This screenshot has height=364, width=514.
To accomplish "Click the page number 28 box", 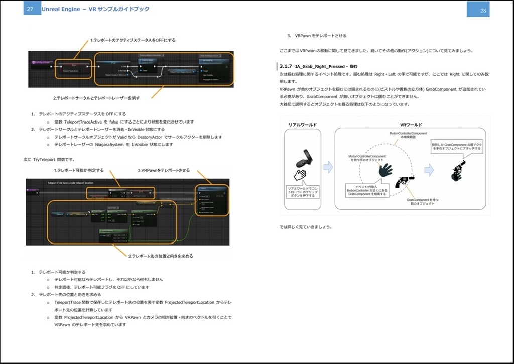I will pyautogui.click(x=483, y=10).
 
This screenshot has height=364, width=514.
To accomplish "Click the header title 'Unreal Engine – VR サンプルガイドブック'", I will pyautogui.click(x=95, y=9).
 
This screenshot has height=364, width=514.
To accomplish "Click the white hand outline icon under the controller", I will pyautogui.click(x=300, y=174).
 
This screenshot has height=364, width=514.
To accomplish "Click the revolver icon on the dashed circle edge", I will pyautogui.click(x=404, y=181).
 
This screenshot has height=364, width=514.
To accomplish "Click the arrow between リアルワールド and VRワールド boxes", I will pyautogui.click(x=328, y=167).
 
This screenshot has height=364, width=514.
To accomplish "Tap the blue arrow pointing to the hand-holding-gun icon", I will pyautogui.click(x=429, y=170).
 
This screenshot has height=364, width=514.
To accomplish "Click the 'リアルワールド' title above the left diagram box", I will pyautogui.click(x=302, y=124).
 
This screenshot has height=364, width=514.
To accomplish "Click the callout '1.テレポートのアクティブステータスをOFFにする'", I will pyautogui.click(x=133, y=40).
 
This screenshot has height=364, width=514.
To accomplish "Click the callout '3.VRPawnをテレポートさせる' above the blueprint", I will pyautogui.click(x=164, y=170).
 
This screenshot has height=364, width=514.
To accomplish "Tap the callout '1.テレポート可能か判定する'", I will pyautogui.click(x=79, y=170).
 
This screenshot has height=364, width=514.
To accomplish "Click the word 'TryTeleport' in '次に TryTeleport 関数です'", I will pyautogui.click(x=46, y=159).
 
